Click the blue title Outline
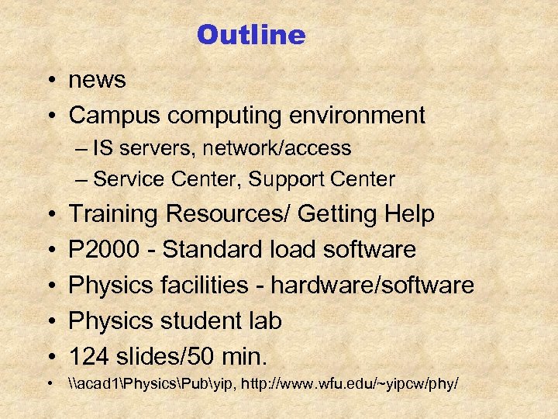point(251,35)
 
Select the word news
point(97,80)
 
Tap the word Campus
point(115,116)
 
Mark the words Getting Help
point(367,214)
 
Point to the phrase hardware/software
point(372,286)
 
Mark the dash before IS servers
point(83,148)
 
